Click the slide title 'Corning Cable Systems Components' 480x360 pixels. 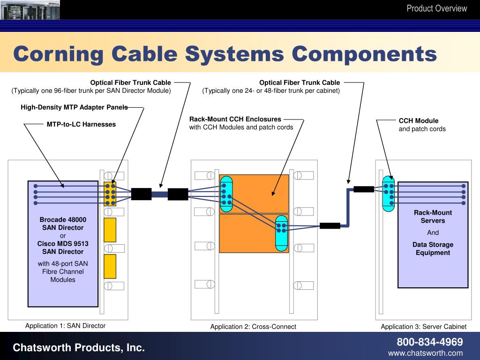tap(225, 54)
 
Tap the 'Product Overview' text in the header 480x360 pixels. tap(436, 8)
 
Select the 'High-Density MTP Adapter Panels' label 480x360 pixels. tap(74, 107)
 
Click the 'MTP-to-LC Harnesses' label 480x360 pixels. tap(81, 124)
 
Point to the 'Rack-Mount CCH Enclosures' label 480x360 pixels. tap(235, 119)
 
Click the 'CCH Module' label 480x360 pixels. tap(419, 120)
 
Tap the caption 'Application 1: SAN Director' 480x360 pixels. tap(65, 326)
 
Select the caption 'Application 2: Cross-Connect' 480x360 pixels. tap(253, 327)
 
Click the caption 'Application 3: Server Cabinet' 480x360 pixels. tap(423, 327)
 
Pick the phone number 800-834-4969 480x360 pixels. tap(430, 342)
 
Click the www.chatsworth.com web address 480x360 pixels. tap(425, 353)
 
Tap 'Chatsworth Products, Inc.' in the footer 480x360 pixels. tap(79, 347)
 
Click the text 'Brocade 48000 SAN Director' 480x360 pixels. tap(63, 224)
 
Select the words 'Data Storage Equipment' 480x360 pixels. tap(433, 248)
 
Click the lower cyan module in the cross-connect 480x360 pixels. tap(281, 232)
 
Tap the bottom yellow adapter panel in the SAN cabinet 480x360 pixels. tap(110, 266)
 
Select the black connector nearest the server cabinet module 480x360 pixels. tap(364, 189)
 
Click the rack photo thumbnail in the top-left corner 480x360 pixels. tap(30, 9)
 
